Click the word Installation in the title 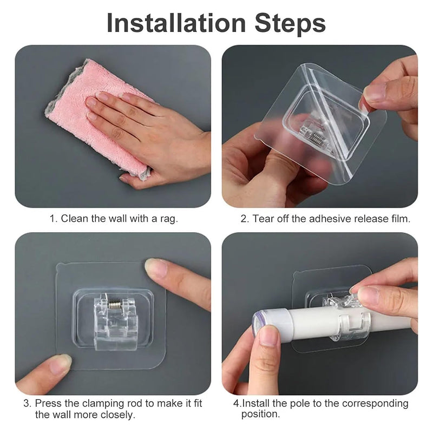pos(176,23)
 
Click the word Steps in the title pos(290,23)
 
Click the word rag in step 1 pos(169,219)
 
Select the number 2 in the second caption pos(245,219)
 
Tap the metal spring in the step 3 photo pos(114,304)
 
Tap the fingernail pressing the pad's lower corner pos(61,364)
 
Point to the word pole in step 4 pos(300,404)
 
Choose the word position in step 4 pos(261,414)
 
